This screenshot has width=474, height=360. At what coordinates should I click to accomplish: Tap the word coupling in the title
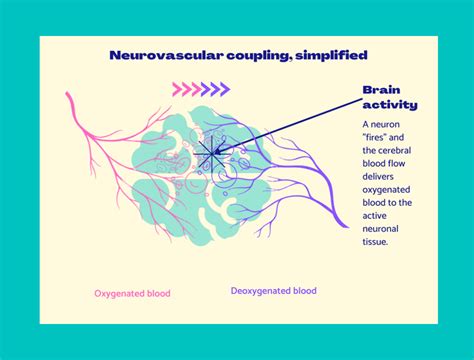pos(237,56)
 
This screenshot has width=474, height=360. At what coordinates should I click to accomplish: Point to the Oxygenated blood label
pos(132,293)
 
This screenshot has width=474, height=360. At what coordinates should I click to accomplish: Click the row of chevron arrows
pos(206,89)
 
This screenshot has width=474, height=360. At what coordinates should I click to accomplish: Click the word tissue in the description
pos(379,241)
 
